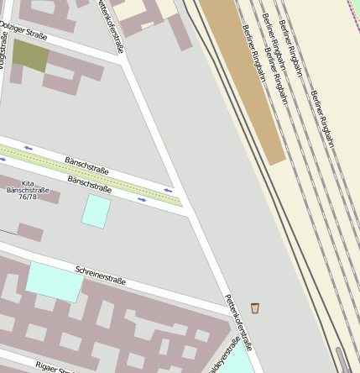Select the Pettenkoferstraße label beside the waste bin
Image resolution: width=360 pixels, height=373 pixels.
238,323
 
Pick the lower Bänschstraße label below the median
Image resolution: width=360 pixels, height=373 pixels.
89,183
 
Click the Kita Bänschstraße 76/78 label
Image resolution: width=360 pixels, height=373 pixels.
28,190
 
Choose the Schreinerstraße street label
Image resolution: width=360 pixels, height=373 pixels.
100,275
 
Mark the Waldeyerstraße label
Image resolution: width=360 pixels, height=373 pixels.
223,356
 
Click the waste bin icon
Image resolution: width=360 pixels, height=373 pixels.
255,307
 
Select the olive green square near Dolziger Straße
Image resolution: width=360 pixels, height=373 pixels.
30,55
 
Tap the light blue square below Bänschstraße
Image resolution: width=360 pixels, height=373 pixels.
96,211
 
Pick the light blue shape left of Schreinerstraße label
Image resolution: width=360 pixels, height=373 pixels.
55,281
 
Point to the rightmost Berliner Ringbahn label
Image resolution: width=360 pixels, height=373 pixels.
321,118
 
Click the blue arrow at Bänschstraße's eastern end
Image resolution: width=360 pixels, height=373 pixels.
169,191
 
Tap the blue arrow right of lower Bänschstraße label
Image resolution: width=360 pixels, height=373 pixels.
143,200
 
